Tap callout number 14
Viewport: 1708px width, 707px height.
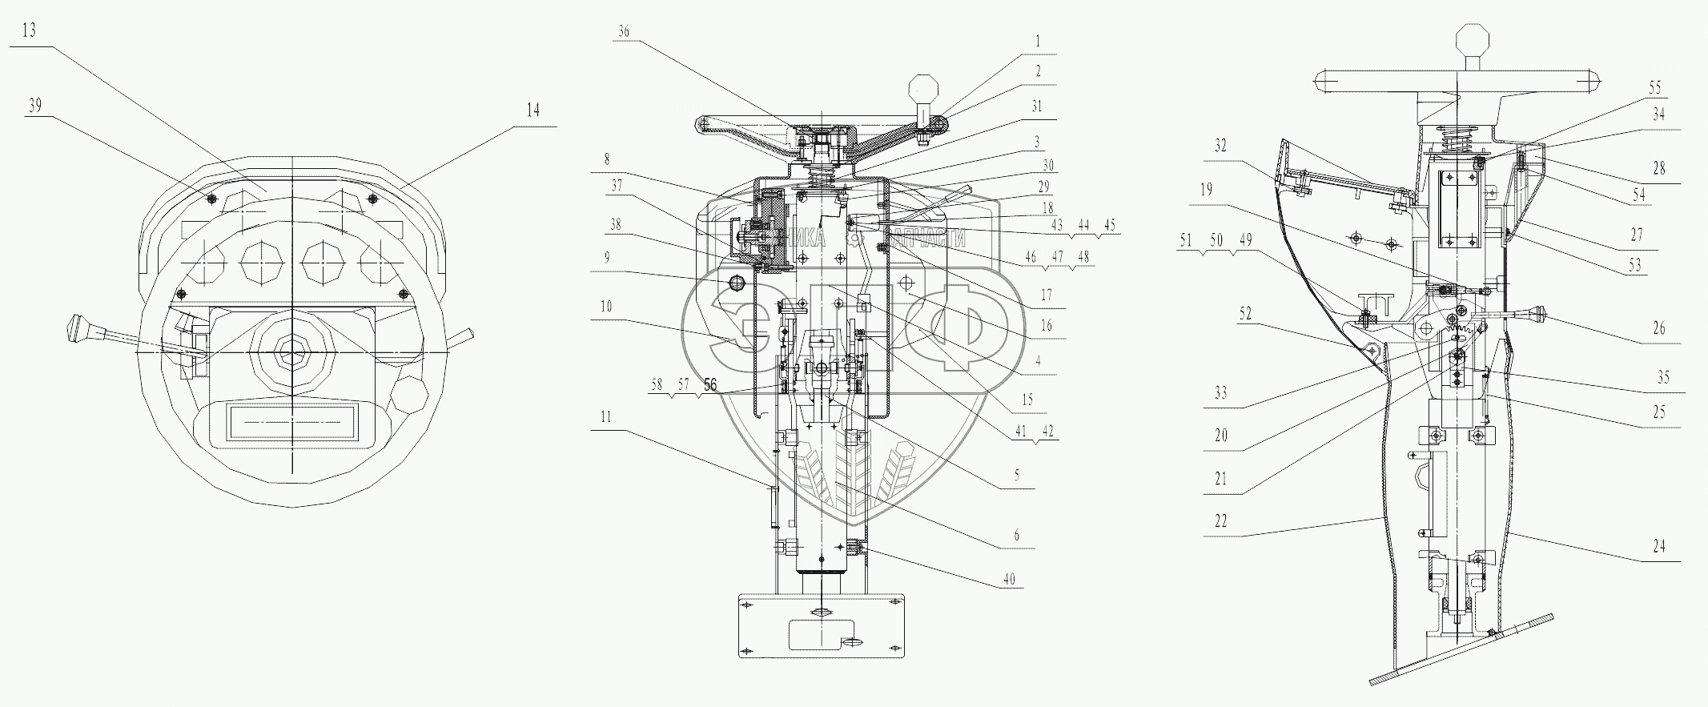(533, 110)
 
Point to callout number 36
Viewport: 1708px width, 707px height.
(624, 32)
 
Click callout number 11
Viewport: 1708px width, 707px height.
(606, 416)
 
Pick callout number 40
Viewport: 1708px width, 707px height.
(1009, 579)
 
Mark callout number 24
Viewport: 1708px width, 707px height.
(1659, 546)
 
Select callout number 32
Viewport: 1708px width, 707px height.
(1220, 147)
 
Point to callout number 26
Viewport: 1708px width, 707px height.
(1659, 327)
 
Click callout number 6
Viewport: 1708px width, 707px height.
(1017, 535)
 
